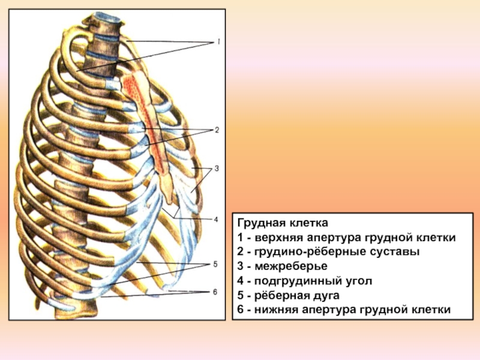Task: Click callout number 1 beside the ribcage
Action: pos(218,41)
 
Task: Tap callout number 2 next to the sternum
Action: pos(217,130)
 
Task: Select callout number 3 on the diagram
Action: pos(217,169)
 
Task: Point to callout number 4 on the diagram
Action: pos(216,220)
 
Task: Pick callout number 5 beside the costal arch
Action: pos(215,264)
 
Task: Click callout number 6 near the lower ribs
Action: pos(215,292)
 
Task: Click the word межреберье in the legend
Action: pos(291,266)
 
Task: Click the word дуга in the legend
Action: pos(326,296)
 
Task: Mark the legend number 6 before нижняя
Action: pos(241,310)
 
